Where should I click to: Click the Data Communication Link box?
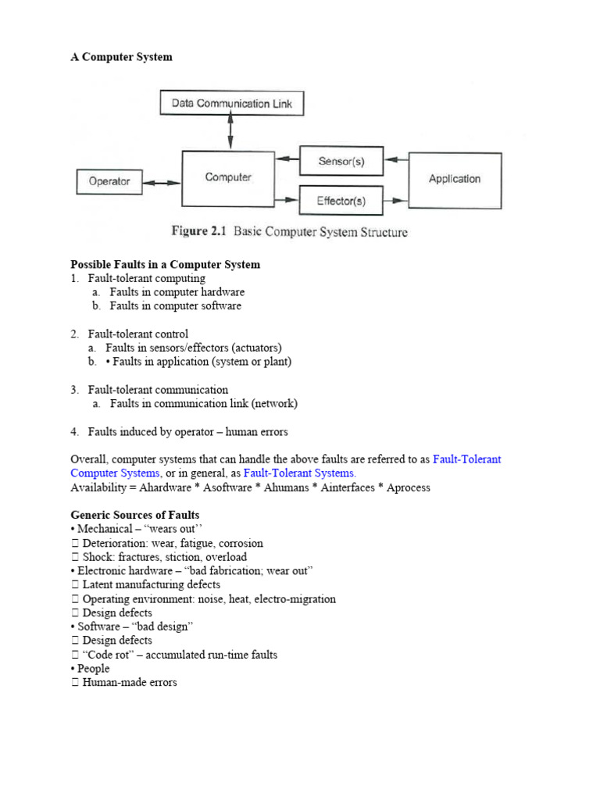(230, 103)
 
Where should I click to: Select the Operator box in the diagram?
(109, 182)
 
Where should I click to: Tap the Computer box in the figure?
(228, 178)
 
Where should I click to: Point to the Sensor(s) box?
(341, 162)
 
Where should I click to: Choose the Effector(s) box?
(341, 202)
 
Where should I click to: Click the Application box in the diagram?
(455, 179)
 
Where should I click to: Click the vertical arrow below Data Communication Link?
(230, 132)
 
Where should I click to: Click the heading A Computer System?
(121, 57)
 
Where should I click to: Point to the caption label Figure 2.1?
(198, 232)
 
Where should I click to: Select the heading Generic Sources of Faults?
(134, 515)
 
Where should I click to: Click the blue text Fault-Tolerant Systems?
(299, 473)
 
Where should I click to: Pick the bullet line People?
(93, 669)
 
